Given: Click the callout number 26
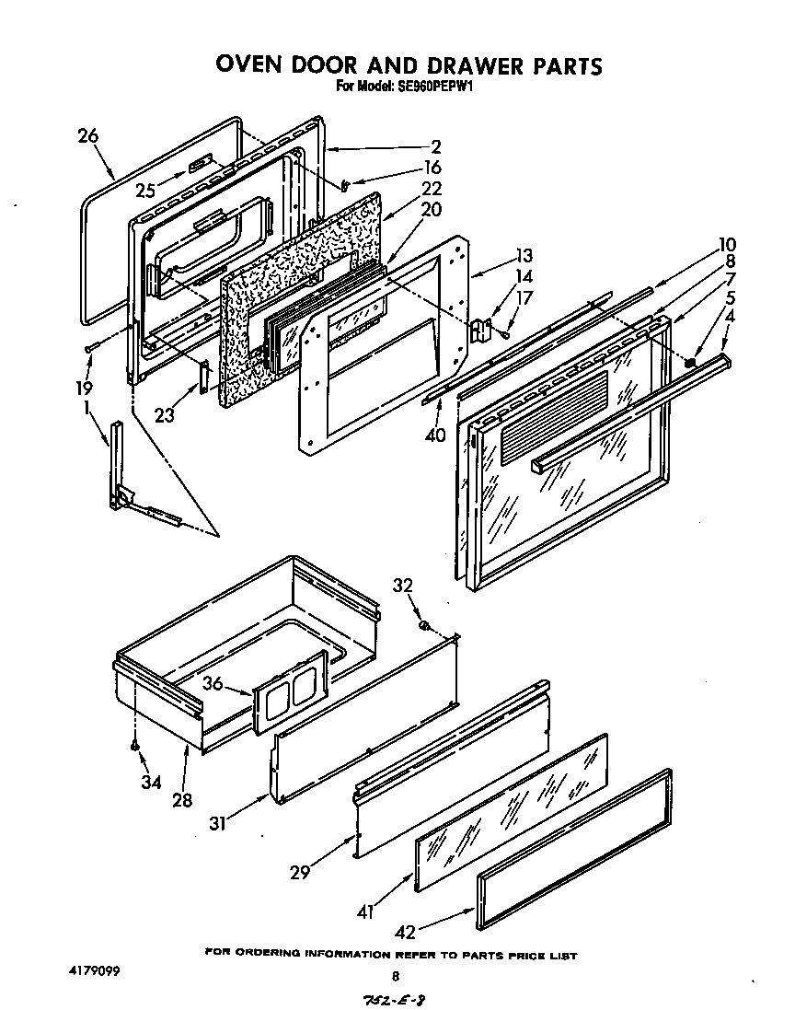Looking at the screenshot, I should coord(87,136).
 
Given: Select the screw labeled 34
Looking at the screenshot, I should coord(135,745).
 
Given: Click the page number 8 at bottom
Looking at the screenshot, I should coord(397,977).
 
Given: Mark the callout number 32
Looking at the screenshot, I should coord(402,586).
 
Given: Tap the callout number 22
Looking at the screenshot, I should coord(431,188).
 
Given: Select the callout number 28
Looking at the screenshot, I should coord(182,800).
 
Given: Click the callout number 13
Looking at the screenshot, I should coord(524,255).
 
